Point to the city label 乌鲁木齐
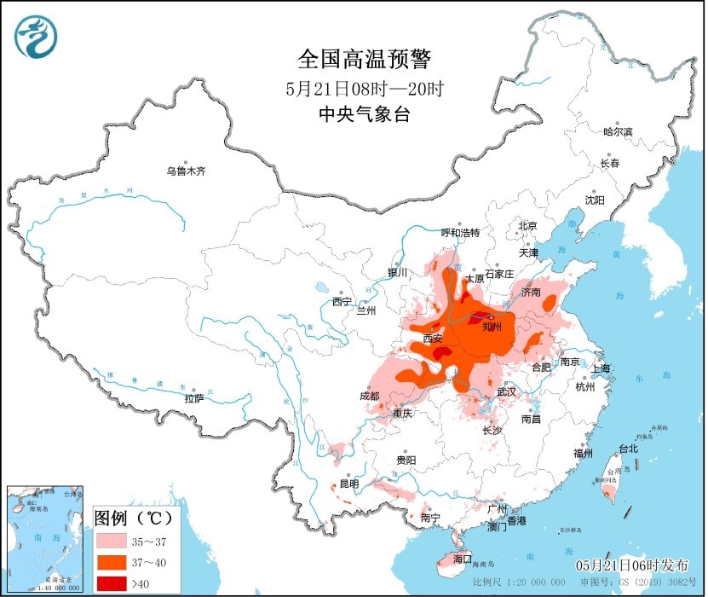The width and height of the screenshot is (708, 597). [x=186, y=171]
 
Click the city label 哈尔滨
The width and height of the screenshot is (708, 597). [x=618, y=132]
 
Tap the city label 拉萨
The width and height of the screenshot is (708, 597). [x=194, y=398]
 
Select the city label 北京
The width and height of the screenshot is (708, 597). [x=527, y=226]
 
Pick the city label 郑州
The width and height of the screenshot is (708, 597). [x=492, y=326]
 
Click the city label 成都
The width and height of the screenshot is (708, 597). [x=369, y=396]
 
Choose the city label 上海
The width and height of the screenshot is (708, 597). [x=601, y=368]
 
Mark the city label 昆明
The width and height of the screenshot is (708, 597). [x=349, y=484]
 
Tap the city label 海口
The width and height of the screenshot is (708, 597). [x=463, y=559]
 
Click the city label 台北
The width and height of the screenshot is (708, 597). [x=627, y=449]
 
